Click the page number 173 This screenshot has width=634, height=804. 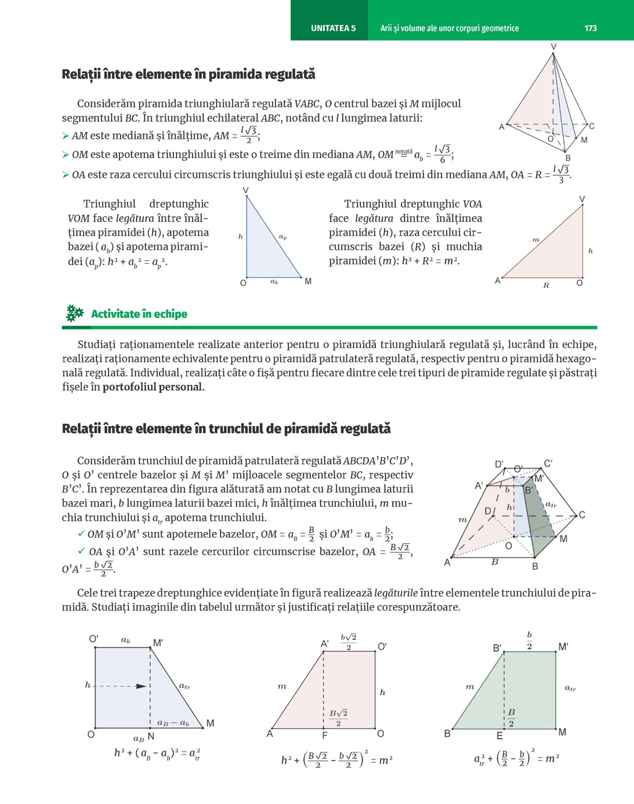pyautogui.click(x=590, y=28)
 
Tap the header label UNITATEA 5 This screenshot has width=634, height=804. pyautogui.click(x=333, y=28)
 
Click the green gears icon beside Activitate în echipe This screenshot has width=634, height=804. pyautogui.click(x=74, y=313)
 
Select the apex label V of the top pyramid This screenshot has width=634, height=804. pyautogui.click(x=554, y=47)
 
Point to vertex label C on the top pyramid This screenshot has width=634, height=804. pyautogui.click(x=592, y=126)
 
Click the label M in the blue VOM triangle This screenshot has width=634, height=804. pyautogui.click(x=308, y=282)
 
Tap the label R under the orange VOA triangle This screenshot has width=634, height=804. pyautogui.click(x=546, y=286)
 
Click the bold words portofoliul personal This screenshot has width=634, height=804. pyautogui.click(x=154, y=387)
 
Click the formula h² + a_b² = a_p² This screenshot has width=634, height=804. pyautogui.click(x=137, y=262)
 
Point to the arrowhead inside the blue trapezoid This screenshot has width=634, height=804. pyautogui.click(x=142, y=686)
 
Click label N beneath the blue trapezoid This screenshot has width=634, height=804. pyautogui.click(x=151, y=736)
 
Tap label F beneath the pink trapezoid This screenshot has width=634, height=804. pyautogui.click(x=324, y=736)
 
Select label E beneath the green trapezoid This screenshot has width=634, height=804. pyautogui.click(x=500, y=736)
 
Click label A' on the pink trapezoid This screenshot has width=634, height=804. pyautogui.click(x=324, y=644)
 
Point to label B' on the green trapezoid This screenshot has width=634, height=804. pyautogui.click(x=497, y=648)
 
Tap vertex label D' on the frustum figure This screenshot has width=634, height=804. pyautogui.click(x=499, y=465)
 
